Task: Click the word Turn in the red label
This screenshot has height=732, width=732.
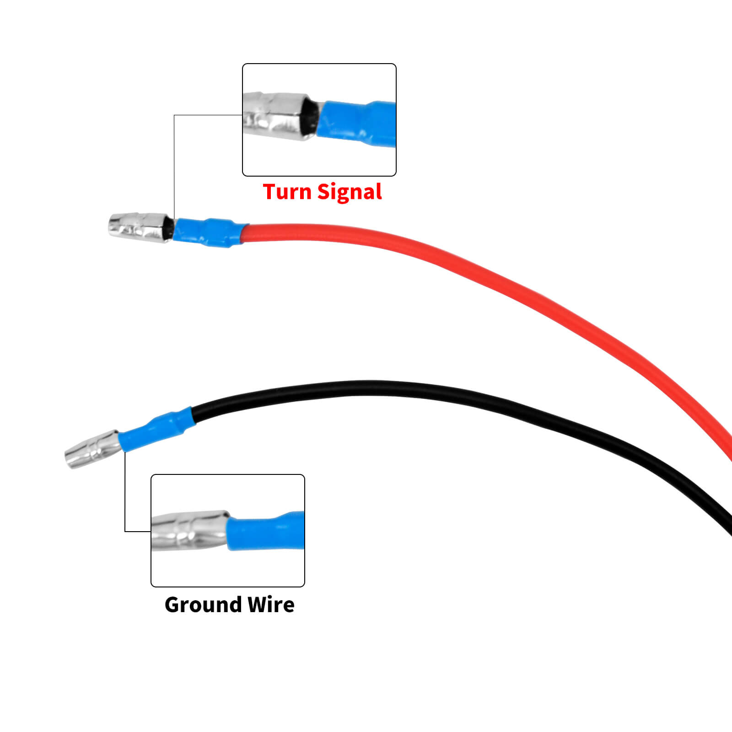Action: coord(287,192)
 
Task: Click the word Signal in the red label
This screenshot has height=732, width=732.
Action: coord(350,193)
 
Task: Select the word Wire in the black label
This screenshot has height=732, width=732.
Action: coord(271,605)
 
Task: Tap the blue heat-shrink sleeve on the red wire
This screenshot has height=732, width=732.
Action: coord(208,232)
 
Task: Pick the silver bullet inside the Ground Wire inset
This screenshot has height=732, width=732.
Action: coord(190,531)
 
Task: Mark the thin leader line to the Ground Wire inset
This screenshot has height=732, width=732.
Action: coord(125,494)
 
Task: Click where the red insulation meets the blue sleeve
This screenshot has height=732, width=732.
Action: coord(244,233)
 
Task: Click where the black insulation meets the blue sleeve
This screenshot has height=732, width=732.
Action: coord(193,414)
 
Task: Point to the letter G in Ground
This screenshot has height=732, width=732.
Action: coord(173,605)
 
